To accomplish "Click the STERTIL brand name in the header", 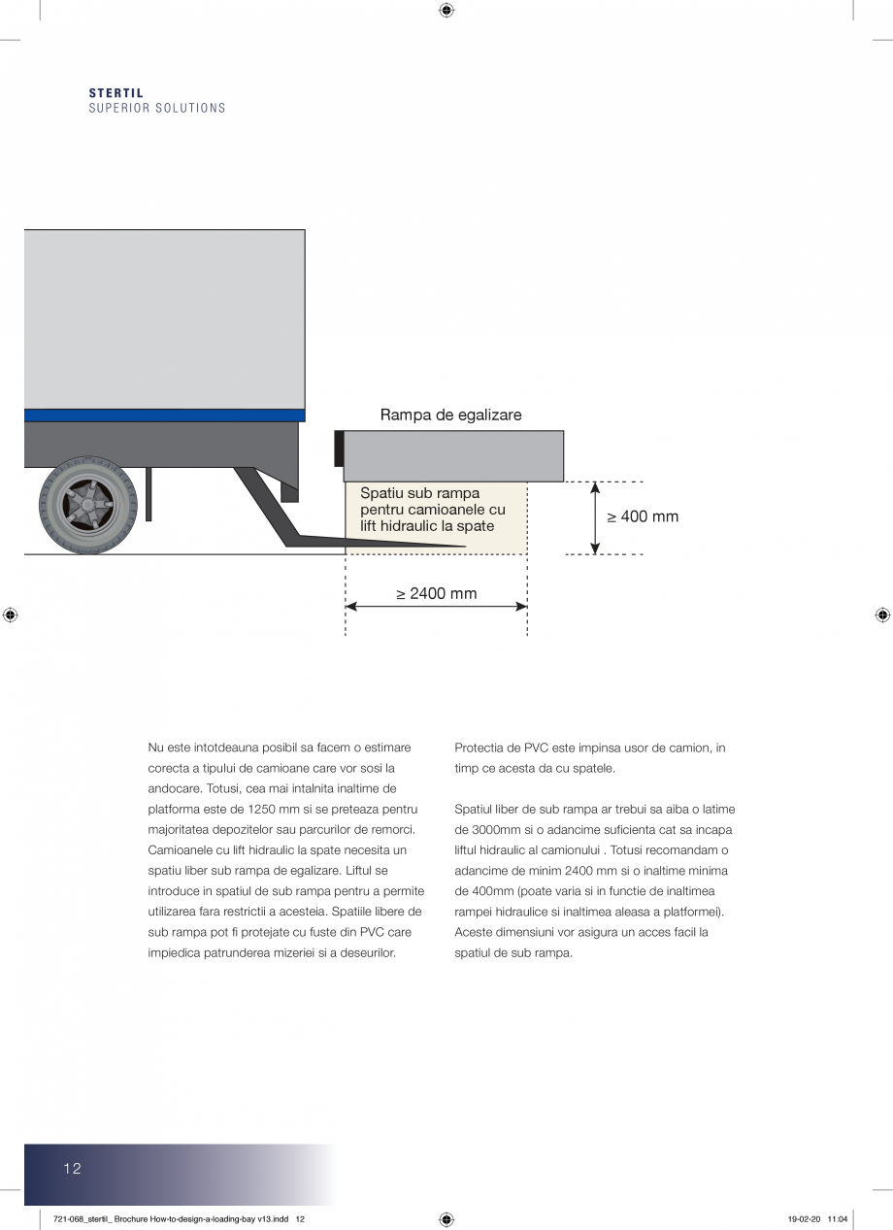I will [116, 93].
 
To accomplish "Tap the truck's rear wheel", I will [88, 506].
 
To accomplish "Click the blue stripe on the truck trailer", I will [164, 415].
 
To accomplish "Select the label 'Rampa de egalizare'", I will [450, 415].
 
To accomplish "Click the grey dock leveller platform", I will [453, 455].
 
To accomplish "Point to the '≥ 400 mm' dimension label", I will [643, 516].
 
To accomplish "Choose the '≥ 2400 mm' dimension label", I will [436, 593].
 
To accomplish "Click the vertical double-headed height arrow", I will [595, 517].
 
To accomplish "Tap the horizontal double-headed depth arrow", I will [436, 607].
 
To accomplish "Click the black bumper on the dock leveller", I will [339, 449].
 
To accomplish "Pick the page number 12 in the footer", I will [73, 1168].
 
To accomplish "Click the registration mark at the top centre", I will [446, 11].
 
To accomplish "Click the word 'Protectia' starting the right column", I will [478, 748].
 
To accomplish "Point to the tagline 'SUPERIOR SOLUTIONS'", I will [157, 108].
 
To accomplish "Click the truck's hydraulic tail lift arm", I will [291, 524].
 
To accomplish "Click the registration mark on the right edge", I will [882, 615].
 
